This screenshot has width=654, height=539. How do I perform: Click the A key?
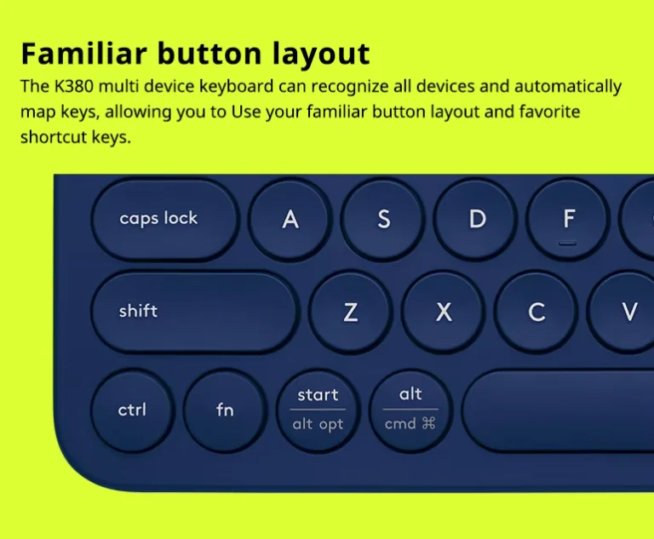[x=290, y=219]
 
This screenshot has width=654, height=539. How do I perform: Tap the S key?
[x=383, y=219]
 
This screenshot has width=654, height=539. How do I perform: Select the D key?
[x=476, y=219]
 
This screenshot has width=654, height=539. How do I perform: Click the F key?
[x=568, y=219]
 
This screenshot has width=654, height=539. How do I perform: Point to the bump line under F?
[x=568, y=243]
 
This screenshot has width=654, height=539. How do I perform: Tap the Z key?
[x=350, y=312]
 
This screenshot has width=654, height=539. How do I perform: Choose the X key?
[x=444, y=312]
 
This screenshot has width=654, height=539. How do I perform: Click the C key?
[x=536, y=312]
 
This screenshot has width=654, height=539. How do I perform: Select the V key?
[x=628, y=312]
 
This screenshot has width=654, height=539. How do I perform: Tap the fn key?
[x=225, y=410]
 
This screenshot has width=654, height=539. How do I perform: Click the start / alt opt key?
[x=318, y=410]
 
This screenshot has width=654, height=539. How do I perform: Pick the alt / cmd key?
[x=410, y=410]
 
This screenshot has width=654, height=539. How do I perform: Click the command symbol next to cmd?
[x=428, y=423]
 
